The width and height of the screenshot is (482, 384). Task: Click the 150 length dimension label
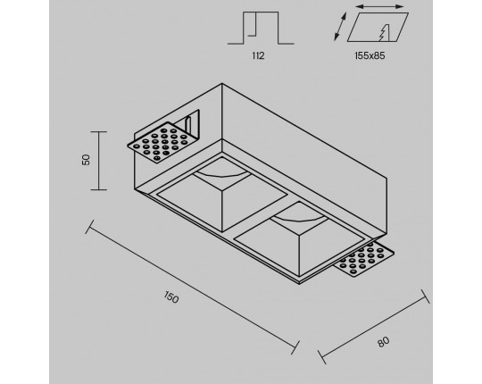tap(170, 297)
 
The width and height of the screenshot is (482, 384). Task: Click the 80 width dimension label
tap(383, 341)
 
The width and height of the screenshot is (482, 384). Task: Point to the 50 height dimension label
tap(86, 160)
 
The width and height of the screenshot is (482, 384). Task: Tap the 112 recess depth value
tap(258, 55)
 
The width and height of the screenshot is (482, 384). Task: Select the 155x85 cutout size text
tap(370, 55)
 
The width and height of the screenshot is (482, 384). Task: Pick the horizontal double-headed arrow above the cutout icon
tap(380, 6)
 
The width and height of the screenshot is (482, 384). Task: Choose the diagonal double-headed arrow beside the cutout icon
tap(340, 27)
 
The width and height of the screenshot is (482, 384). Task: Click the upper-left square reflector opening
tap(222, 195)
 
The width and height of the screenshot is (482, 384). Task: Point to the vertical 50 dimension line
tap(99, 161)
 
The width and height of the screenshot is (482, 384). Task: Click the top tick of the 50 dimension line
tap(99, 131)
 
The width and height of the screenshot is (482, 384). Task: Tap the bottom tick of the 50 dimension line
tap(99, 189)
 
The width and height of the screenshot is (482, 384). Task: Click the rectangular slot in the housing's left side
tap(192, 123)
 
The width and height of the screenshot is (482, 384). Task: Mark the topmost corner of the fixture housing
tap(222, 83)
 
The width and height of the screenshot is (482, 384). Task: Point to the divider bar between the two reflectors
tap(261, 216)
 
